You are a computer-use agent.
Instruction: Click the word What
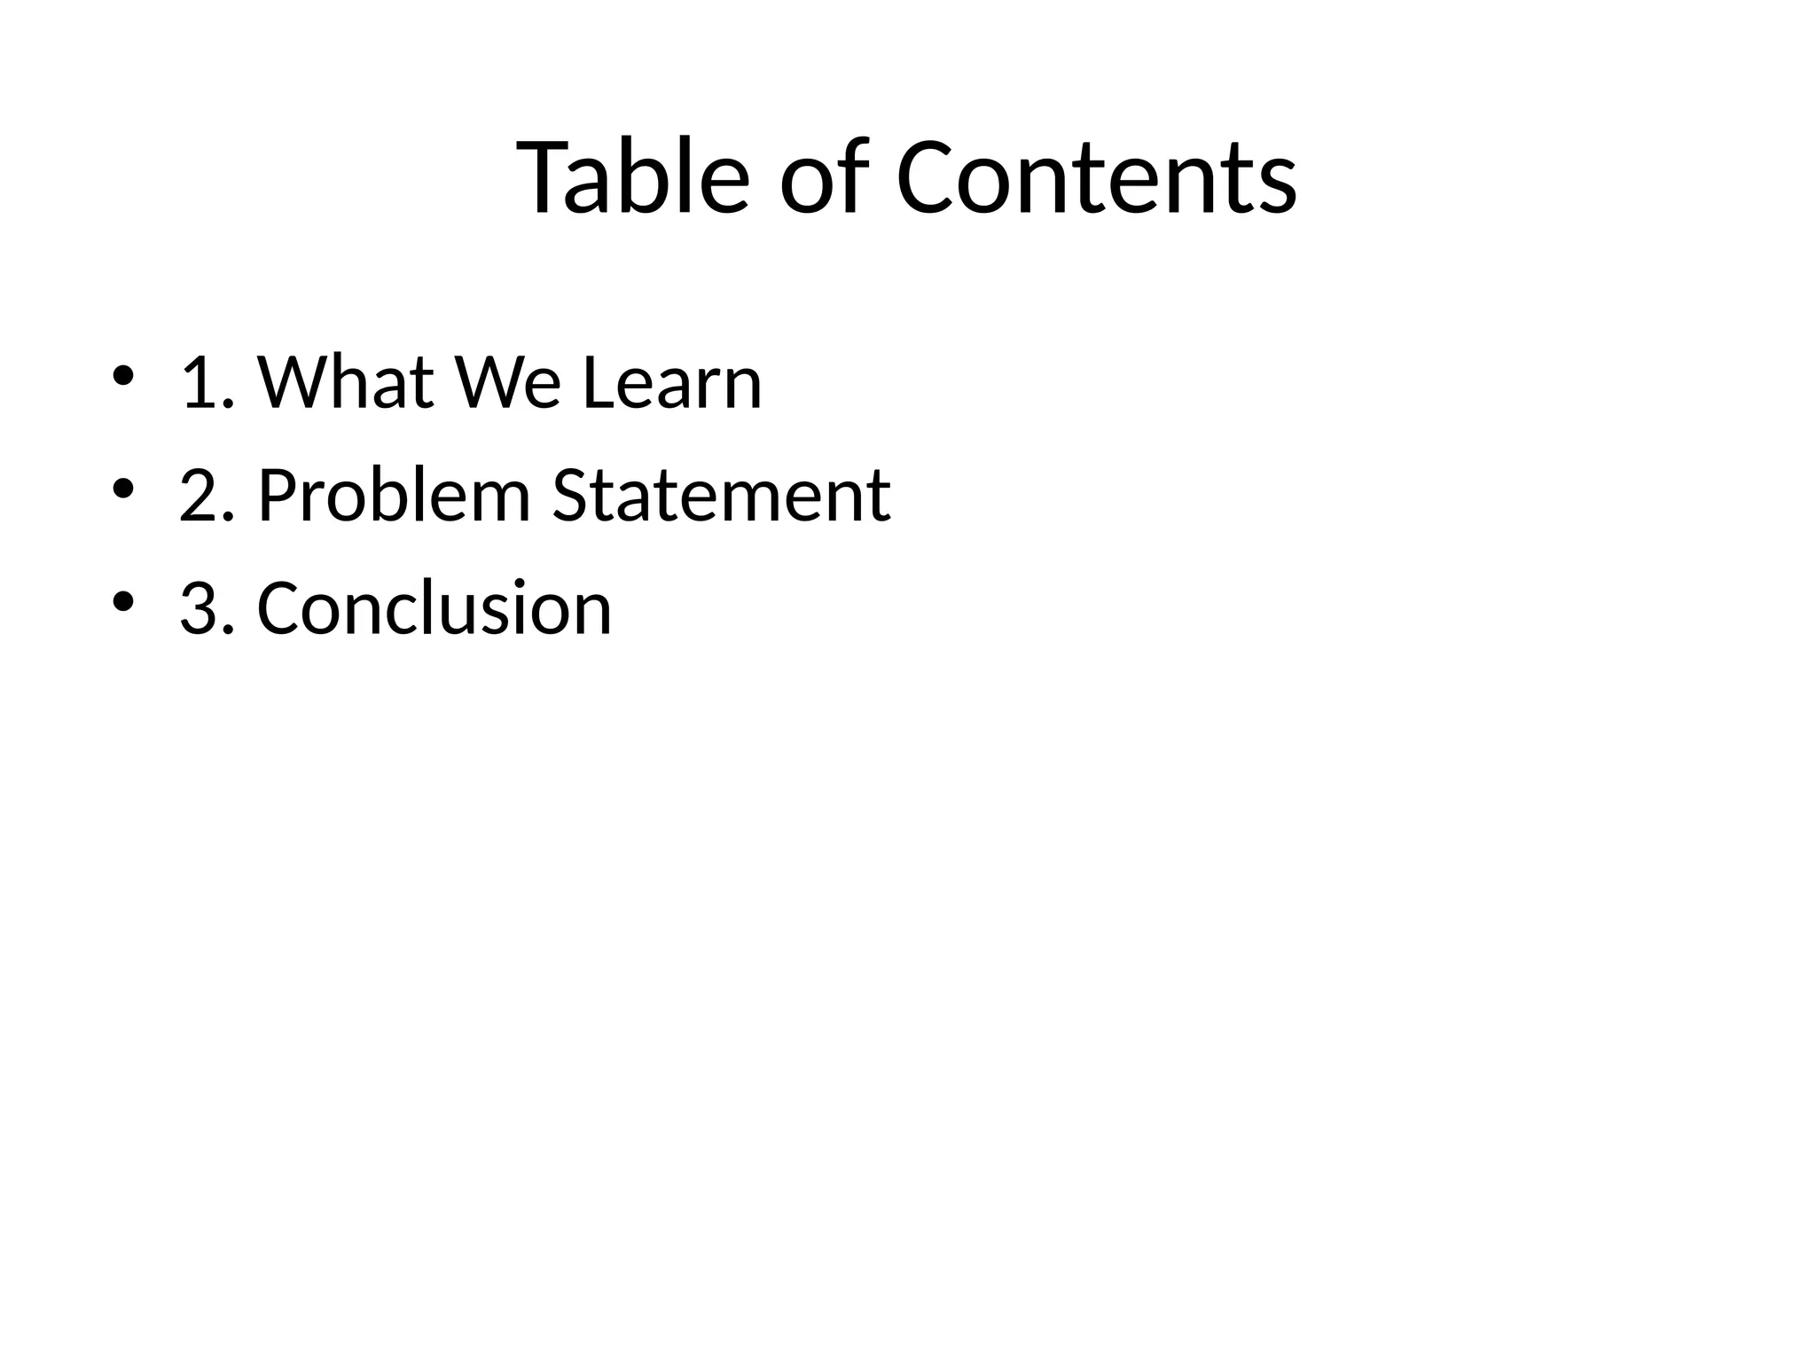[x=346, y=383]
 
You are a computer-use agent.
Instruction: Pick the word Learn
[x=672, y=383]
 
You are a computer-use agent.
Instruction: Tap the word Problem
[x=394, y=496]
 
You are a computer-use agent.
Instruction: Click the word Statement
[x=721, y=496]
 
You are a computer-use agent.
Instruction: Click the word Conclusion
[x=434, y=609]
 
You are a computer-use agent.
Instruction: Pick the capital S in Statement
[x=571, y=496]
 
